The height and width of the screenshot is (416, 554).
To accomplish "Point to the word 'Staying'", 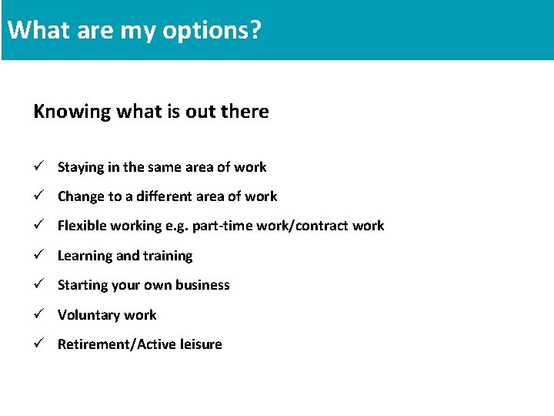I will pyautogui.click(x=79, y=167).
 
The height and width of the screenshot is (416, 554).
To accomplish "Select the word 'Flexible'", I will pyautogui.click(x=82, y=226).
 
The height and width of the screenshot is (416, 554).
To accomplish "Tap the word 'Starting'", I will pyautogui.click(x=82, y=285).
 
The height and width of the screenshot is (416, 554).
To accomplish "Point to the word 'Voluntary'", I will pyautogui.click(x=87, y=315).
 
